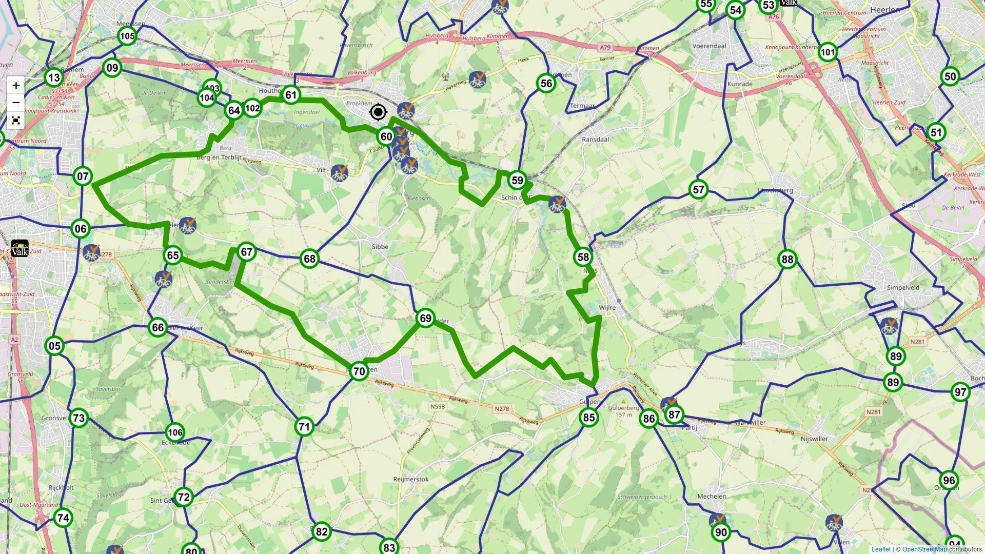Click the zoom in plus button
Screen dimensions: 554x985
click(16, 85)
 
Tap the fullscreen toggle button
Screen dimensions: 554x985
click(16, 121)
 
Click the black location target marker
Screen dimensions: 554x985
click(379, 112)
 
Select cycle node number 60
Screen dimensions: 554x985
click(386, 136)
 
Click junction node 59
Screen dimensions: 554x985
click(517, 180)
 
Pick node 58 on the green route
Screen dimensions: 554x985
click(583, 257)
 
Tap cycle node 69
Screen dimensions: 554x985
click(425, 319)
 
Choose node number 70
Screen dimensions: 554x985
click(359, 371)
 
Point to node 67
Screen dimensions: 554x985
click(247, 252)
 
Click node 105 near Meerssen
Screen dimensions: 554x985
click(127, 36)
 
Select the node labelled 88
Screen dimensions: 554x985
click(787, 260)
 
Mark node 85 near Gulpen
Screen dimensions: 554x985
click(589, 418)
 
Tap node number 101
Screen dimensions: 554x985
click(827, 52)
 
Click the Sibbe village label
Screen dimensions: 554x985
click(380, 247)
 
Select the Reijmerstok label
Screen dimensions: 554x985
click(410, 479)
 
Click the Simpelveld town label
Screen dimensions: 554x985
click(903, 288)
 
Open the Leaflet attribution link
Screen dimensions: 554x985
click(881, 549)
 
